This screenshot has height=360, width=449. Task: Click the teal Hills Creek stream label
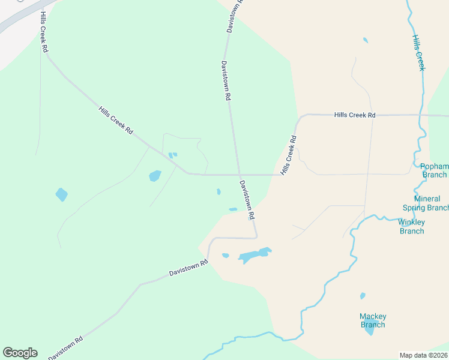pos(418,53)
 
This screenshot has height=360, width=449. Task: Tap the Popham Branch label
pos(433,170)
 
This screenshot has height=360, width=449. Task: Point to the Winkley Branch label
pos(411,226)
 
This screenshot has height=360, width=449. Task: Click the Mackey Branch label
pos(373,320)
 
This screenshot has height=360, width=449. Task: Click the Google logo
pos(20,353)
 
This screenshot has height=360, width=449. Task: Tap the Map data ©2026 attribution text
pos(424,355)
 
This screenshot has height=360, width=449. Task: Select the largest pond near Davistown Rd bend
pos(255,255)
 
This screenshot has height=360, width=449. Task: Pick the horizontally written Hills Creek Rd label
pos(355,115)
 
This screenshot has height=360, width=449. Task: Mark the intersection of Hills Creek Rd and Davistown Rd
pos(239,175)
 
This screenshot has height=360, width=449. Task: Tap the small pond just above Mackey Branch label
pos(363,296)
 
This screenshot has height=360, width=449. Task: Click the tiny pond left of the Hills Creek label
pos(366,40)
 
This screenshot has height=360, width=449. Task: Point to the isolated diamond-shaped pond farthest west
pos(61,194)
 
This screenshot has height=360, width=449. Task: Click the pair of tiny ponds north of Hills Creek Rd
pos(173,155)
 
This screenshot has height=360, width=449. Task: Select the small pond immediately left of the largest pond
pos(226,256)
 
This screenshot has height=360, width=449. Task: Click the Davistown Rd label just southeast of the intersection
pos(247,199)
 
